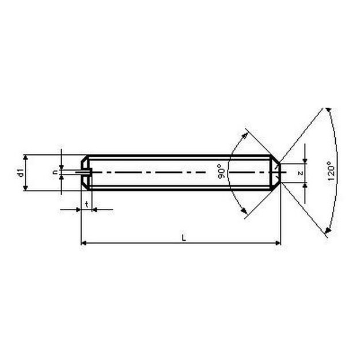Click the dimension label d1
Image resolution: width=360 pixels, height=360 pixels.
[x=21, y=172]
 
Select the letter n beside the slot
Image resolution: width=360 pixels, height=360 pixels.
[x=55, y=172]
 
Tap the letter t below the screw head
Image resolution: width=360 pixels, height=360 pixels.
[x=86, y=204]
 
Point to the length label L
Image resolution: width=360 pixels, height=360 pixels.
[x=184, y=238]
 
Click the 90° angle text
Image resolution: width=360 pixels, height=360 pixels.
[x=222, y=171]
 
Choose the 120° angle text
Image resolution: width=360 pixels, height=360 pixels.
[x=331, y=170]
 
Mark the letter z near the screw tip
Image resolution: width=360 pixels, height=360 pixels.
[x=300, y=173]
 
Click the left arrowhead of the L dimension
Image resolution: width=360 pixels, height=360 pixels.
[x=84, y=243]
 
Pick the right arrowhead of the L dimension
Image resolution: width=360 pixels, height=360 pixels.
[x=278, y=243]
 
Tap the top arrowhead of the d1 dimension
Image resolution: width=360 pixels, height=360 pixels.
[x=25, y=157]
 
